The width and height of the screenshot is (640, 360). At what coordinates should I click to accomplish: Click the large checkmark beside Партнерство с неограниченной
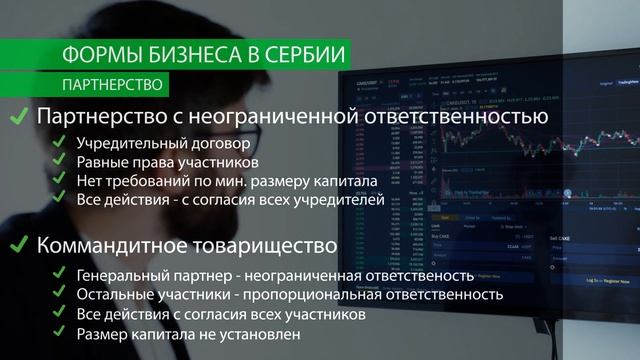pyautogui.click(x=18, y=118)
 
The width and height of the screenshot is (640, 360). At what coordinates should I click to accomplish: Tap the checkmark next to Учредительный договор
pyautogui.click(x=61, y=143)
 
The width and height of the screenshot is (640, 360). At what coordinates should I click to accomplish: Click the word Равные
pyautogui.click(x=103, y=162)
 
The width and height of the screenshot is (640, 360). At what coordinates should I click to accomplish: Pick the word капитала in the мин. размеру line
pyautogui.click(x=345, y=181)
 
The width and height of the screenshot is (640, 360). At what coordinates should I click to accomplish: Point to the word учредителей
pyautogui.click(x=334, y=200)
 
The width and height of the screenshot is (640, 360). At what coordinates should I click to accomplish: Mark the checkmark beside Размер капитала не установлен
pyautogui.click(x=61, y=334)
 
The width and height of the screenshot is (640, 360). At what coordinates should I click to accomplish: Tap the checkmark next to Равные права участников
pyautogui.click(x=61, y=162)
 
